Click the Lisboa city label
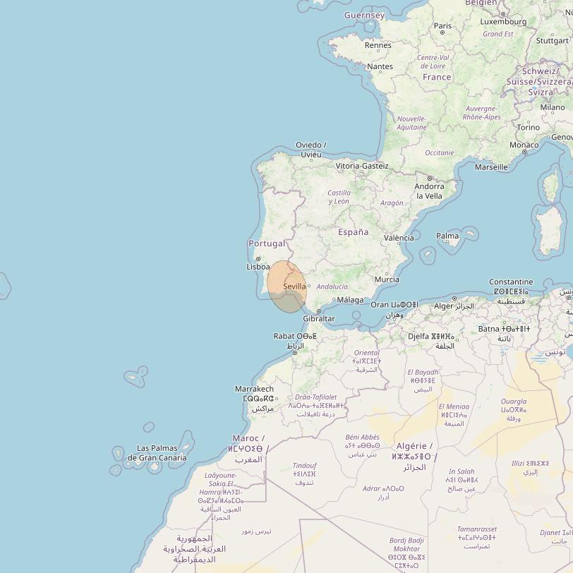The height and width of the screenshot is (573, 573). pyautogui.click(x=258, y=267)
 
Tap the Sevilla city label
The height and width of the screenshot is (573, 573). pyautogui.click(x=294, y=286)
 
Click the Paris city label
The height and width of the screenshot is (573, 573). pyautogui.click(x=442, y=25)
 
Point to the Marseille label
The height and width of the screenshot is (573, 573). pyautogui.click(x=491, y=167)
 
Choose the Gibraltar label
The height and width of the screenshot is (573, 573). pyautogui.click(x=318, y=318)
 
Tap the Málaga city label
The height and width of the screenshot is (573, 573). pyautogui.click(x=350, y=300)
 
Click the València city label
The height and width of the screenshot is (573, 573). pyautogui.click(x=399, y=238)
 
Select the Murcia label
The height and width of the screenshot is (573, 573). pyautogui.click(x=387, y=279)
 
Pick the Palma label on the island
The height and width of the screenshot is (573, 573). pyautogui.click(x=447, y=236)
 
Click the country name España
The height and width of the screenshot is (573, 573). pyautogui.click(x=353, y=231)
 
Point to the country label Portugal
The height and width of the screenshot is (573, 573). pyautogui.click(x=267, y=243)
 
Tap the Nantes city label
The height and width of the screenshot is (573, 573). pyautogui.click(x=380, y=66)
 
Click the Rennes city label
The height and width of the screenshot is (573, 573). pyautogui.click(x=378, y=45)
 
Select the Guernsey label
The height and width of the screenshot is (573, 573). pyautogui.click(x=364, y=15)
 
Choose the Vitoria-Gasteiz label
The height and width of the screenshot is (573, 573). pyautogui.click(x=361, y=166)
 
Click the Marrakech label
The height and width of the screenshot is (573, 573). pyautogui.click(x=253, y=389)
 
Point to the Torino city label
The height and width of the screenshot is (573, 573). pyautogui.click(x=528, y=128)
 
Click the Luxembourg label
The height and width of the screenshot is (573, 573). pyautogui.click(x=503, y=22)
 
